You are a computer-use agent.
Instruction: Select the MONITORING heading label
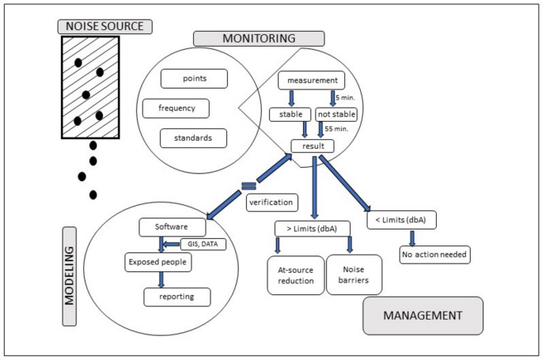click(259, 38)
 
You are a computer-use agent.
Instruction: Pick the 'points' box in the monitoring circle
click(194, 79)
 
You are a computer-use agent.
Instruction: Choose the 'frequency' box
click(176, 108)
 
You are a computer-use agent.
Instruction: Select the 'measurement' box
click(311, 80)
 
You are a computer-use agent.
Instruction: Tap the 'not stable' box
click(336, 115)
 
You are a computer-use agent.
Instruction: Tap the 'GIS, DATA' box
click(203, 244)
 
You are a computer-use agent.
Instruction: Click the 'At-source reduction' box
click(296, 275)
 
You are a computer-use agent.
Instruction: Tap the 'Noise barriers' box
click(350, 275)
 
